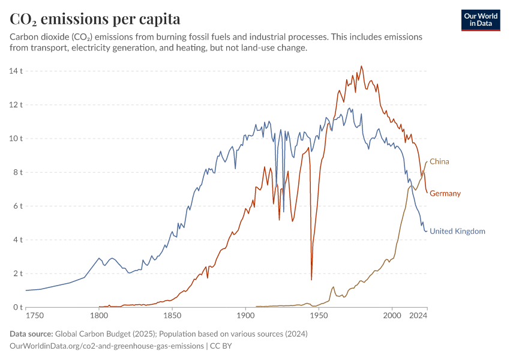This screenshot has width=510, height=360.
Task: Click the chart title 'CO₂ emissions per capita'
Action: click(95, 19)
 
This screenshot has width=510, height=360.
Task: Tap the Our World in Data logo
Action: click(480, 20)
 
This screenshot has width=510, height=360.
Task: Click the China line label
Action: click(439, 161)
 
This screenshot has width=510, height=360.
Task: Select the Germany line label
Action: click(445, 193)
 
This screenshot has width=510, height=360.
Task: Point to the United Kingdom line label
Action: click(457, 231)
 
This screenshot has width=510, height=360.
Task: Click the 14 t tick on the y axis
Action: click(16, 71)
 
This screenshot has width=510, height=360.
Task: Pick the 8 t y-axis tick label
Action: click(17, 172)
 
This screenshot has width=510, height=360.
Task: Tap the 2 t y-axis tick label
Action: click(17, 274)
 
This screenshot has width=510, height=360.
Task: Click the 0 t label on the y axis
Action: click(17, 307)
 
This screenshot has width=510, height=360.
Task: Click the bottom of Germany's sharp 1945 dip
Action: click(311, 280)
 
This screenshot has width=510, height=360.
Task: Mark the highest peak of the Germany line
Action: click(361, 66)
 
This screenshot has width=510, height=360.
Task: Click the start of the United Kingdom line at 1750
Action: click(26, 290)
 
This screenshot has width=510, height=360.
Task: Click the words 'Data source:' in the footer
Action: click(31, 334)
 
